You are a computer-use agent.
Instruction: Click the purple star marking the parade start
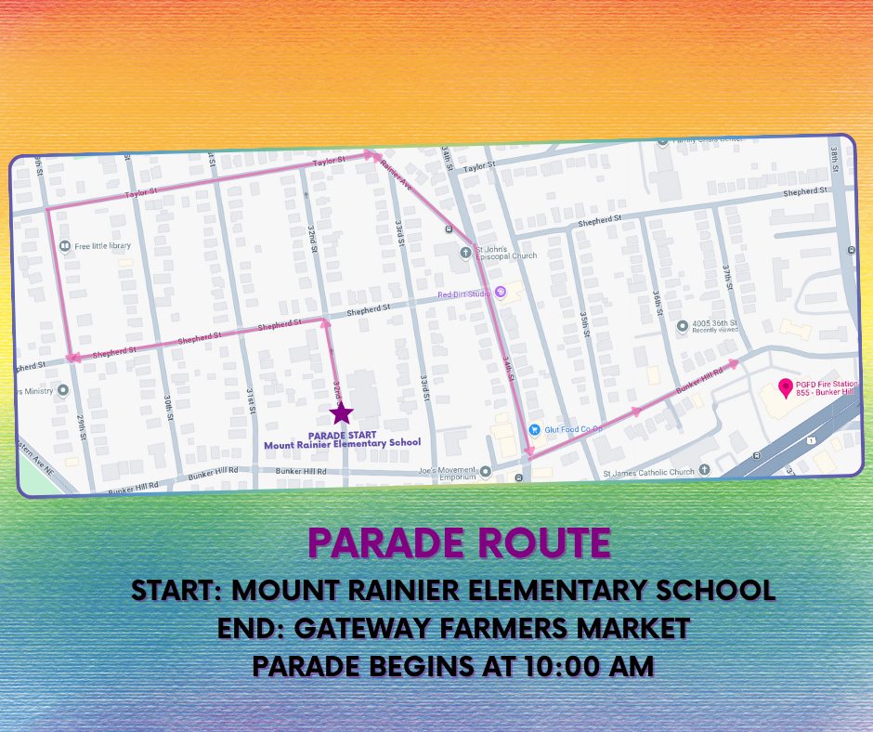click(342, 413)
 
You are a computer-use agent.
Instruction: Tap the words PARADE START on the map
click(341, 435)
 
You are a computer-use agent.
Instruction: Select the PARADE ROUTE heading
click(459, 543)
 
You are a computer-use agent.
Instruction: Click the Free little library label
click(103, 246)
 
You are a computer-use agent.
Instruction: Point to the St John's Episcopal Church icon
click(465, 252)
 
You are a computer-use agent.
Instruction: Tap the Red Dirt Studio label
click(464, 294)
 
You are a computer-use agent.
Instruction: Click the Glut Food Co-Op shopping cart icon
click(534, 429)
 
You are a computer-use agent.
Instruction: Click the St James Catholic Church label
click(648, 472)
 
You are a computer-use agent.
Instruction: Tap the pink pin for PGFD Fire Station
click(786, 386)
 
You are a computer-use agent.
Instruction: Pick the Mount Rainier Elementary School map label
click(342, 444)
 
